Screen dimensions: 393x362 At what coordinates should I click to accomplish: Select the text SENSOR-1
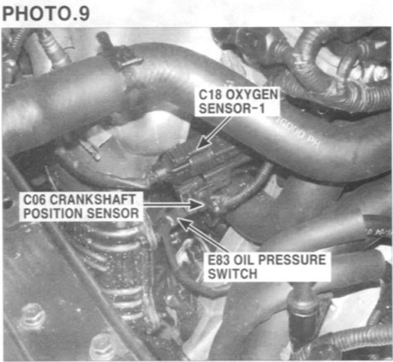click(232, 109)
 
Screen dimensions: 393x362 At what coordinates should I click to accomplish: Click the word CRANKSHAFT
click(93, 200)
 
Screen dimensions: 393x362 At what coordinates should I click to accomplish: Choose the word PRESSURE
click(292, 260)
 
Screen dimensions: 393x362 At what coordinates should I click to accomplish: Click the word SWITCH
click(233, 274)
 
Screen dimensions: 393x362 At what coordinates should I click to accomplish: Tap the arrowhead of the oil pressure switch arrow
click(184, 223)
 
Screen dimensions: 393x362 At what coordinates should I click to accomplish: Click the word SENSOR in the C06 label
click(112, 213)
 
